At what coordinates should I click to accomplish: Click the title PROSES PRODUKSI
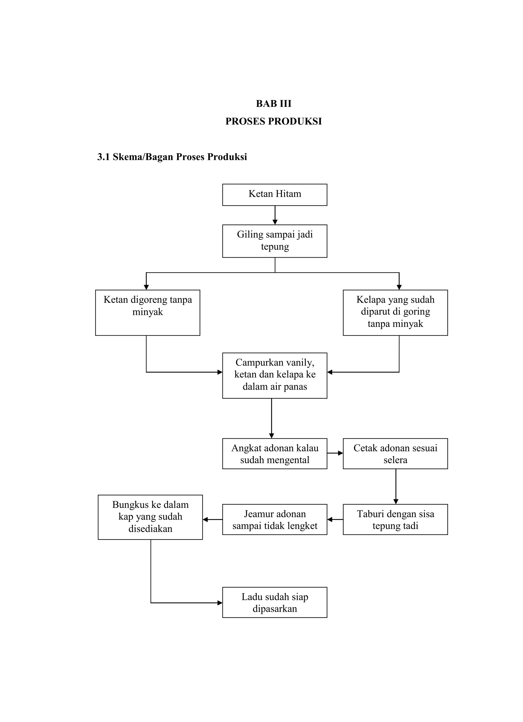[273, 121]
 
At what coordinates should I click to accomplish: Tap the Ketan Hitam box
[275, 194]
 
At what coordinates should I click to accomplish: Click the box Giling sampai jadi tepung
[275, 241]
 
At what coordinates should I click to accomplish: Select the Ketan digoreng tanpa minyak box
[147, 312]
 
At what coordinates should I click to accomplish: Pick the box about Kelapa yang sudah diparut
[395, 312]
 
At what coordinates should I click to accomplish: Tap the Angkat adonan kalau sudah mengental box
[275, 453]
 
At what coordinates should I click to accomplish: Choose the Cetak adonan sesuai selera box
[395, 453]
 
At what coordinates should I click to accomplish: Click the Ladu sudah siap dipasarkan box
[275, 602]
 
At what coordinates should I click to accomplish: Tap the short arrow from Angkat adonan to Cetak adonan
[335, 453]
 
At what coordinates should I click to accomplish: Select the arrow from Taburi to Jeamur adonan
[335, 520]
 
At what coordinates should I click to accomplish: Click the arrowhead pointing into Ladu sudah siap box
[220, 603]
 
